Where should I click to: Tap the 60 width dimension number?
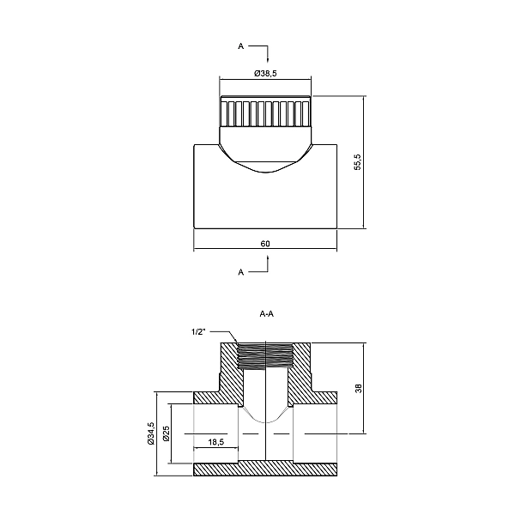pos(265,245)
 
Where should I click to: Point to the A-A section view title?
pos(266,314)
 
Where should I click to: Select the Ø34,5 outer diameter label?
pos(151,435)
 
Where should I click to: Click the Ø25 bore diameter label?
pos(164,435)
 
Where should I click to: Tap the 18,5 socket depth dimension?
pos(215,442)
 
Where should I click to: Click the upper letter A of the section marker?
pos(241,47)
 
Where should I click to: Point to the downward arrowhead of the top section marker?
pos(270,59)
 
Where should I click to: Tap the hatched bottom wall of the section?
pos(266,470)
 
